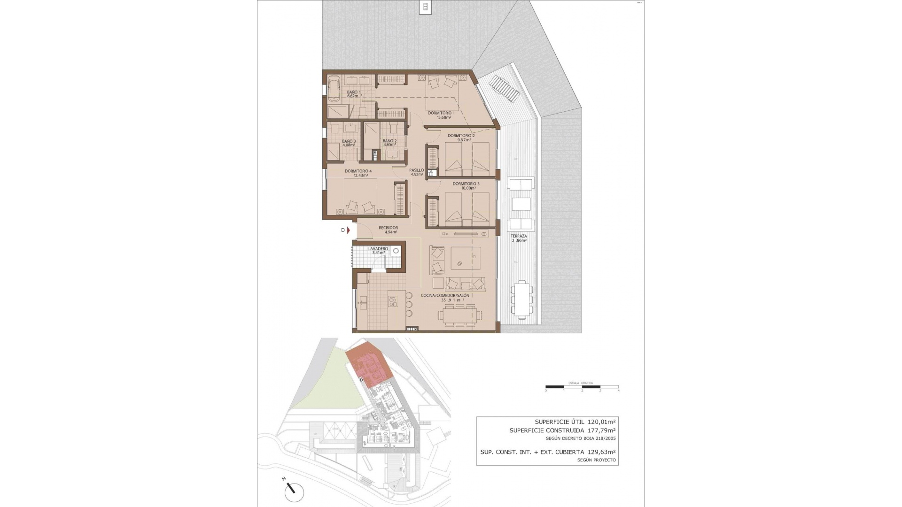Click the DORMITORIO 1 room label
(441, 113)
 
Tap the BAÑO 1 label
(354, 92)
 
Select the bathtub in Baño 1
(334, 89)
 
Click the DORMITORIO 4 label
(358, 171)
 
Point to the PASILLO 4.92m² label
(416, 172)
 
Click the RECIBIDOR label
(388, 228)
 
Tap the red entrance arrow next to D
(349, 230)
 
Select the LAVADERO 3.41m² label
(378, 251)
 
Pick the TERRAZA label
(519, 236)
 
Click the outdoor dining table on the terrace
(522, 300)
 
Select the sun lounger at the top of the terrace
(504, 89)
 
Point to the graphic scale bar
(582, 387)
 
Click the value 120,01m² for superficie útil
(601, 422)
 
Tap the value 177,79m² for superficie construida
(601, 430)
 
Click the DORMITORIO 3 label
(466, 184)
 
